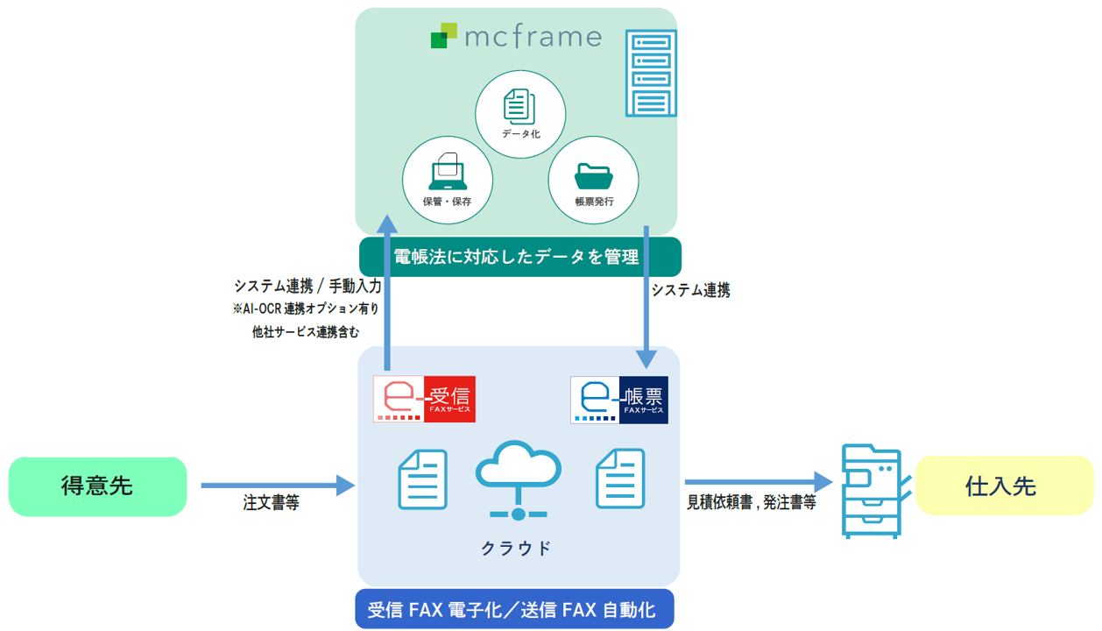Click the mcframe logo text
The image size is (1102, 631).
[x=533, y=37]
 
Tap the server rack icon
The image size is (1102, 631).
[x=652, y=74]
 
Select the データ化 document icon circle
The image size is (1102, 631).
[x=520, y=114]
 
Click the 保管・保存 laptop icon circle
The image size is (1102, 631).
[x=447, y=180]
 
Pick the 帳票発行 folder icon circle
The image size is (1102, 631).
[x=594, y=180]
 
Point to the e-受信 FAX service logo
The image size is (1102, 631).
[x=425, y=399]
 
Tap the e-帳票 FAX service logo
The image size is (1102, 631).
[x=619, y=400]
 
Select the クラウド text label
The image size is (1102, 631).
[x=517, y=548]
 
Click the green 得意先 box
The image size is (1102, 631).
[x=97, y=486]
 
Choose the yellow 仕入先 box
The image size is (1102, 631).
[x=1004, y=486]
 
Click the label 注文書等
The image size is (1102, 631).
[x=271, y=504]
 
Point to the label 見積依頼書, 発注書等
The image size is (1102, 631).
[x=752, y=504]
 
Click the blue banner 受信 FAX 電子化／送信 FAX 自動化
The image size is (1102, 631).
[x=514, y=610]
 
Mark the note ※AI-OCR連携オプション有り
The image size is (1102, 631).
[x=306, y=308]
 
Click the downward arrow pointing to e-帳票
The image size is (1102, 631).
[x=646, y=298]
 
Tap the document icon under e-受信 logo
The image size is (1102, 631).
[x=423, y=479]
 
